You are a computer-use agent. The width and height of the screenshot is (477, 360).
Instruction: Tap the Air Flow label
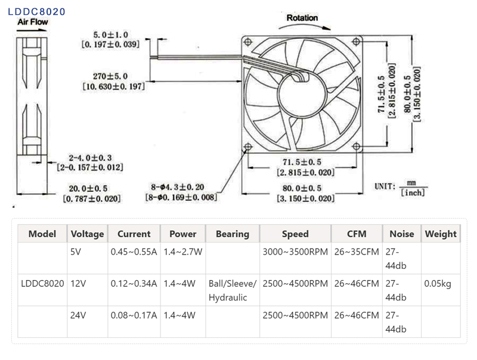pyautogui.click(x=33, y=22)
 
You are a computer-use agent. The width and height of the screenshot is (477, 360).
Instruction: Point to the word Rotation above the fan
pyautogui.click(x=302, y=17)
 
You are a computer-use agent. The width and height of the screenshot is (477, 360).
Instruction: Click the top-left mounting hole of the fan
pyautogui.click(x=247, y=41)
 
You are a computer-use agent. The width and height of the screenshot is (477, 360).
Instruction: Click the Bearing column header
pyautogui.click(x=232, y=234)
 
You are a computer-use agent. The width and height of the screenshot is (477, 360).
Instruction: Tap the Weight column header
pyautogui.click(x=441, y=234)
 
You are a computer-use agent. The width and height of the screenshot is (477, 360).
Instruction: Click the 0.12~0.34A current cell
pyautogui.click(x=134, y=283)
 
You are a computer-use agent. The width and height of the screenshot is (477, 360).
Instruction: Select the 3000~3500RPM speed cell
pyautogui.click(x=295, y=252)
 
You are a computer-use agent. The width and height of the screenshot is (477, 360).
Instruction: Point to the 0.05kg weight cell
pyautogui.click(x=438, y=283)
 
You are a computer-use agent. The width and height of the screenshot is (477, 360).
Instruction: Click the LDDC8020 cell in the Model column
pyautogui.click(x=42, y=283)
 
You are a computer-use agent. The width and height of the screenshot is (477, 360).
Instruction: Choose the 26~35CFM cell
pyautogui.click(x=357, y=252)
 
